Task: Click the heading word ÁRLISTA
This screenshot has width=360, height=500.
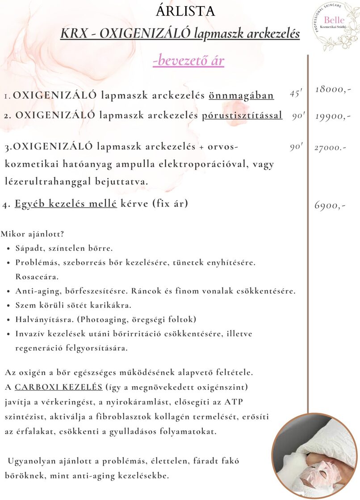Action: click(x=185, y=11)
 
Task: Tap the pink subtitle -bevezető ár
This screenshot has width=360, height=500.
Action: click(x=188, y=60)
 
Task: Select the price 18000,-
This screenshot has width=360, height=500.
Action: click(x=333, y=89)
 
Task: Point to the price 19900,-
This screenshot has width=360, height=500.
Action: click(x=333, y=116)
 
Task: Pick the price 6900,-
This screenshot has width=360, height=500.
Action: click(x=330, y=206)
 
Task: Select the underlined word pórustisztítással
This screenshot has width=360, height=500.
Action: click(x=242, y=116)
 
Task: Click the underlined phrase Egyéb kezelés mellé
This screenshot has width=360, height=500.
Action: click(x=66, y=204)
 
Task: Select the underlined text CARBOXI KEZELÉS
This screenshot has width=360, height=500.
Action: click(x=59, y=386)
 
